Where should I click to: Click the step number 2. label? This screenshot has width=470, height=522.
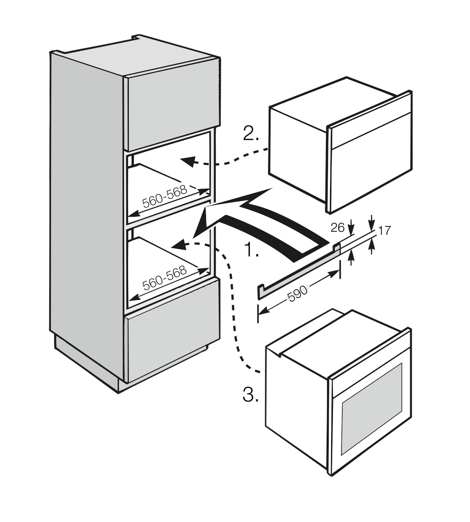point(251,133)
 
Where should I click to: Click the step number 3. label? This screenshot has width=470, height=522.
point(251,394)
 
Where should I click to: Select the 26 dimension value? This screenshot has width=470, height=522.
point(338,227)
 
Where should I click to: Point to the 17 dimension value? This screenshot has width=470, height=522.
point(384,230)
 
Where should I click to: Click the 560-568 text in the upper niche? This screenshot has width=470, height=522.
point(164,197)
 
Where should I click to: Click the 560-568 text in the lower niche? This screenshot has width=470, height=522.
point(164,278)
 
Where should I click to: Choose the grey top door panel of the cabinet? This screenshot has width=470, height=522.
point(172,112)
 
